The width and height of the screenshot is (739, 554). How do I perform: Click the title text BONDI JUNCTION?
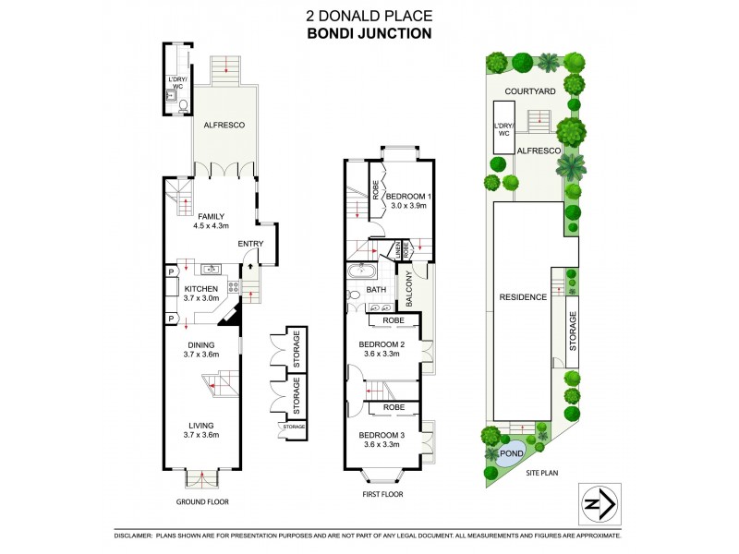coord(369,34)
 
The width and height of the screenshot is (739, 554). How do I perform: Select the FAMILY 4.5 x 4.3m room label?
coord(211,221)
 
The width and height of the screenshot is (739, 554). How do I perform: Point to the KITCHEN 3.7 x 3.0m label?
coord(201,294)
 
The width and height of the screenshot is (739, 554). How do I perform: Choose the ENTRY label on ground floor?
coord(250,244)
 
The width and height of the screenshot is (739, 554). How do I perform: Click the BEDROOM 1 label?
coord(407,202)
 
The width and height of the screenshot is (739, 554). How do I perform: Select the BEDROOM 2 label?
coord(382,349)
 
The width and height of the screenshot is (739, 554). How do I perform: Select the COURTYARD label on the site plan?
coord(529,91)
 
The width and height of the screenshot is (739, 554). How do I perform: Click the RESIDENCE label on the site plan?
coord(524,296)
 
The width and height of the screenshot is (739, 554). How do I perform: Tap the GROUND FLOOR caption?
coord(201,501)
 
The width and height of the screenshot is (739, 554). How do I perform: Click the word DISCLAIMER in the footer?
coord(138,536)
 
